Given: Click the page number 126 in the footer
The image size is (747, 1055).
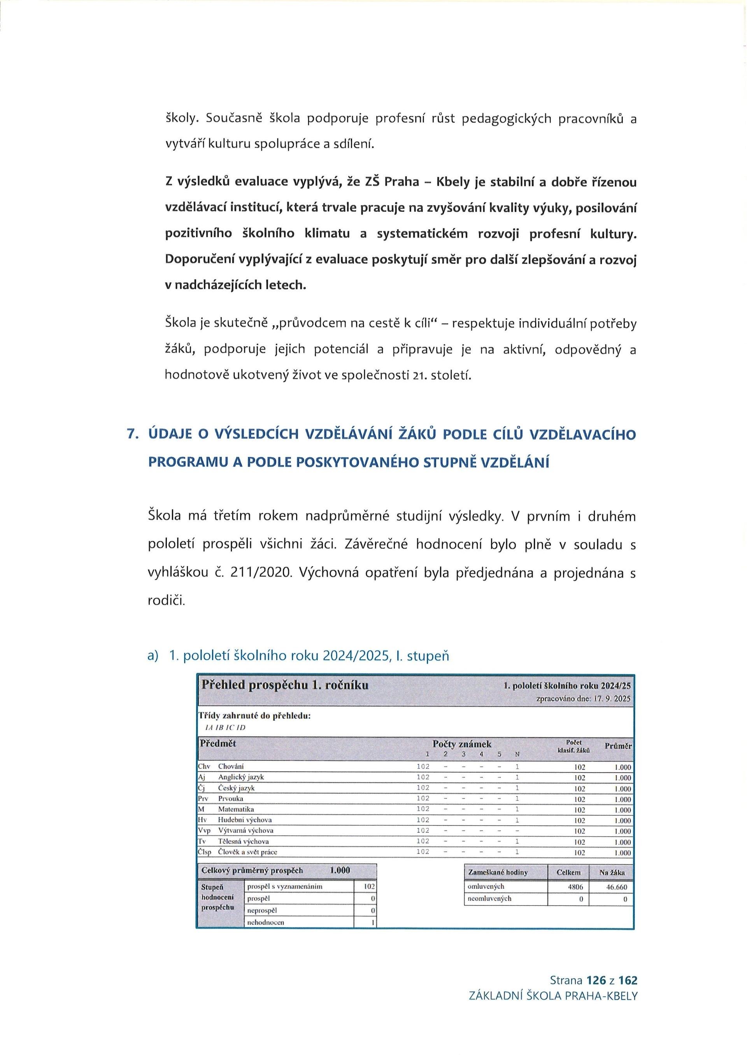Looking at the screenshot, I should click(x=596, y=980).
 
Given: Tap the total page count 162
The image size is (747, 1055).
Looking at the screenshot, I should click(x=628, y=980).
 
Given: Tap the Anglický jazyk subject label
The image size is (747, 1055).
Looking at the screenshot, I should click(x=241, y=777).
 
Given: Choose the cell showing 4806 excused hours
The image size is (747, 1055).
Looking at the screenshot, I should click(x=576, y=887).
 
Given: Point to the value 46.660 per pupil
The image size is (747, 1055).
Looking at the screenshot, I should click(x=616, y=887).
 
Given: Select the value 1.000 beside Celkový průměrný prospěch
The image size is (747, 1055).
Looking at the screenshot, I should click(x=340, y=870).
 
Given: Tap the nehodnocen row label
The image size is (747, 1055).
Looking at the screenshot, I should click(x=265, y=922).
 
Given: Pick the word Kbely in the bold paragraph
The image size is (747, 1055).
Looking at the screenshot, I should click(x=452, y=182).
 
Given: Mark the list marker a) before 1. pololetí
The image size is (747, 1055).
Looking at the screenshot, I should click(x=152, y=656).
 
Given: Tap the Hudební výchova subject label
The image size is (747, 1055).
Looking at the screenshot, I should click(x=245, y=820).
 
